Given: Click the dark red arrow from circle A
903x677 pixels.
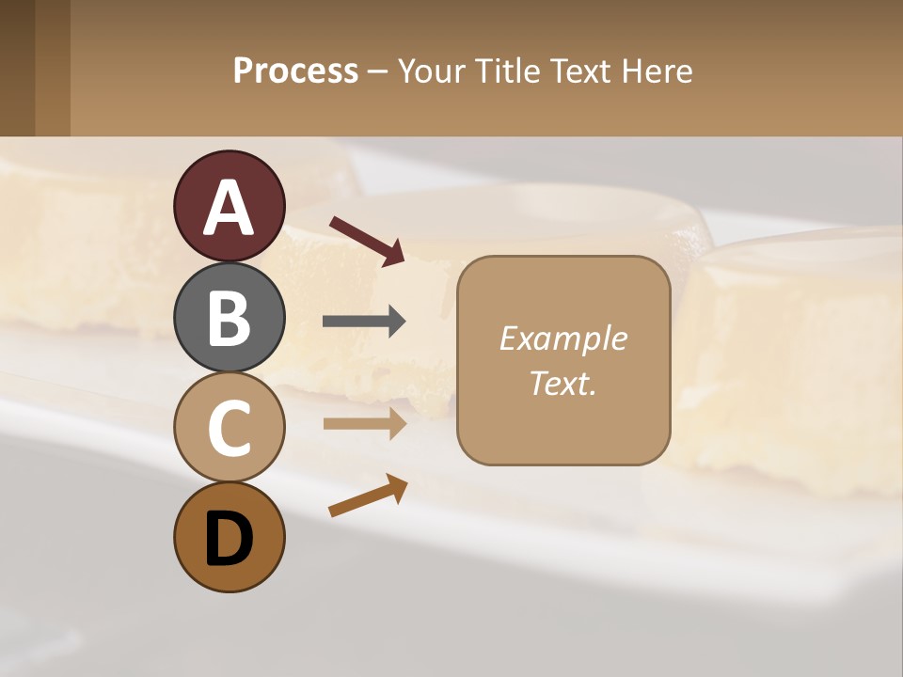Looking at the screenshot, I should (x=367, y=240).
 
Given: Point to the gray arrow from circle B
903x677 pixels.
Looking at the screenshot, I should (x=364, y=322).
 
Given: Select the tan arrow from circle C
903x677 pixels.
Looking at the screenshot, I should (x=364, y=423).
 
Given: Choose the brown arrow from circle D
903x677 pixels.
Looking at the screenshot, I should (x=368, y=496).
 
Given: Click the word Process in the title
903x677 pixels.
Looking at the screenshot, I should (x=295, y=71).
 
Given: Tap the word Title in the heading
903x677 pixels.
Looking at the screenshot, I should (x=507, y=71).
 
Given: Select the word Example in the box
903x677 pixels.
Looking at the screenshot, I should (x=562, y=338).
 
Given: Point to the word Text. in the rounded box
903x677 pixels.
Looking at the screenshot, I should (x=562, y=383).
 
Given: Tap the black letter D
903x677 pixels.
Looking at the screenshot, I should (x=230, y=539).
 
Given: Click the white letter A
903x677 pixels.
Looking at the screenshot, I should (x=230, y=207).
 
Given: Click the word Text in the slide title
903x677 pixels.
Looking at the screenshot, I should (x=580, y=71).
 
